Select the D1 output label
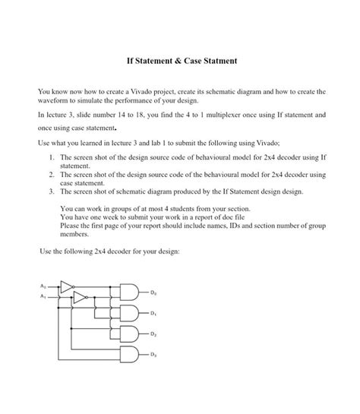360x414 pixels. (152, 313)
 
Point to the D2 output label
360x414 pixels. (152, 333)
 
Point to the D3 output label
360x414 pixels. (152, 355)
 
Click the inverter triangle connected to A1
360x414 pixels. (77, 298)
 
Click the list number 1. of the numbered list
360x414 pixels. (52, 156)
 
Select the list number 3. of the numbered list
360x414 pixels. (52, 192)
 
